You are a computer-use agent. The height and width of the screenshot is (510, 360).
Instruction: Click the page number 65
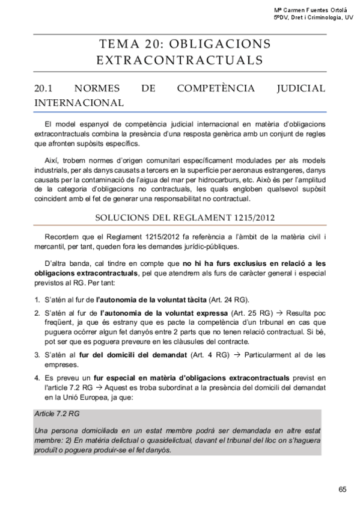[343, 489]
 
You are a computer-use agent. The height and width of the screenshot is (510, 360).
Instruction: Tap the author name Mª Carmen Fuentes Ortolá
[312, 10]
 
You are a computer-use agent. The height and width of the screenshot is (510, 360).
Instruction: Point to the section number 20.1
[46, 89]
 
